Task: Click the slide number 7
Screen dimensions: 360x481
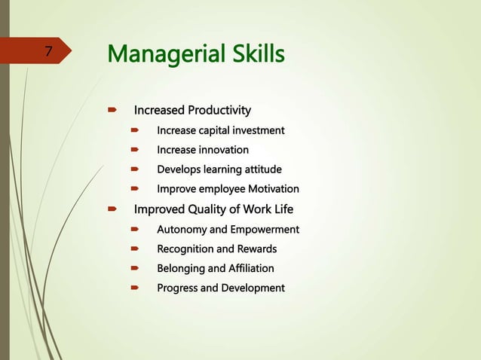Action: [48, 52]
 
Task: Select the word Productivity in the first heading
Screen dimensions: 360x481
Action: [219, 111]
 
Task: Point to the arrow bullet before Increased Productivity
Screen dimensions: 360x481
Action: [112, 111]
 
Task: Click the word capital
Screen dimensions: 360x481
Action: [217, 131]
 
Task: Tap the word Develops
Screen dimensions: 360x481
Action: [179, 169]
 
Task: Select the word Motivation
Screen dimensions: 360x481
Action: [271, 189]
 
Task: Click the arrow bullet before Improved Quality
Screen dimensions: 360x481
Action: [112, 209]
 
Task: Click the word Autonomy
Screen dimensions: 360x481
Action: [182, 229]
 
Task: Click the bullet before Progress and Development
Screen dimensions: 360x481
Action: [136, 288]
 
